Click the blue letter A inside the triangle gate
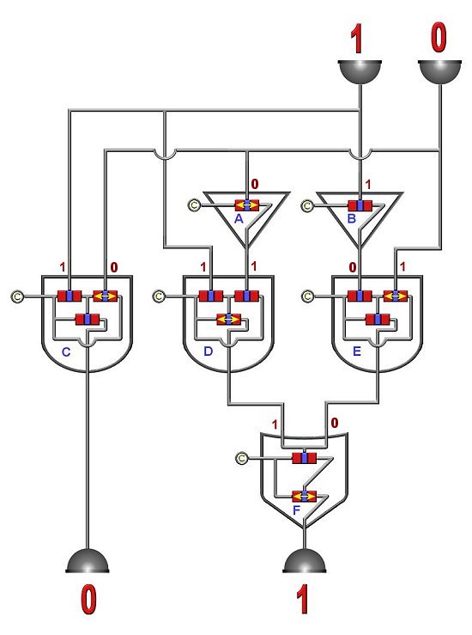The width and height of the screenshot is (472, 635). (239, 219)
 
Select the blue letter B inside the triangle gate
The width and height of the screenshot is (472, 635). (352, 219)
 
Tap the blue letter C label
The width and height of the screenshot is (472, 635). (66, 352)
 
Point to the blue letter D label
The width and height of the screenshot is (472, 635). (208, 351)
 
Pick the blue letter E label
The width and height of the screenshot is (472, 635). (357, 351)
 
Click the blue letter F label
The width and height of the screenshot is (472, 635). (296, 510)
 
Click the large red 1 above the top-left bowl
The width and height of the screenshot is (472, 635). (356, 39)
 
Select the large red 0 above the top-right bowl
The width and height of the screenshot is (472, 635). (439, 37)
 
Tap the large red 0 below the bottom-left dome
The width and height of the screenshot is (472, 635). (88, 600)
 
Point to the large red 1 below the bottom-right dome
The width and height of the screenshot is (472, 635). (303, 600)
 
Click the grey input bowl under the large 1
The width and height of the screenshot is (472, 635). (360, 72)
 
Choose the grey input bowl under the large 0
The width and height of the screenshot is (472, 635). (439, 72)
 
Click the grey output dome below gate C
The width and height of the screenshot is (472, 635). (88, 561)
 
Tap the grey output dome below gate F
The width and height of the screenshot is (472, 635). (305, 561)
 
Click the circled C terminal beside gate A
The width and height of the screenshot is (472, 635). (194, 205)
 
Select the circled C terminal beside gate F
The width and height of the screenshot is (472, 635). (241, 459)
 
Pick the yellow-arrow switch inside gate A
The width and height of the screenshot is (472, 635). (247, 205)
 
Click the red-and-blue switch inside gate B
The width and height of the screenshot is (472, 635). (360, 205)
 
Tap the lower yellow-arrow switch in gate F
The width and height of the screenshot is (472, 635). (304, 496)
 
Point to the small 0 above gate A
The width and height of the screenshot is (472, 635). (254, 184)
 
